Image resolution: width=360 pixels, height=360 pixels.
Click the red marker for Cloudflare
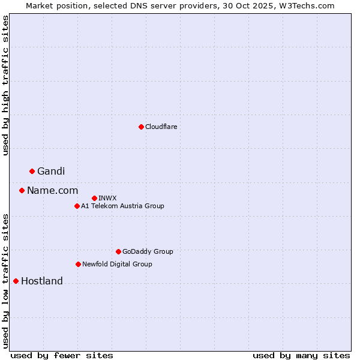141,127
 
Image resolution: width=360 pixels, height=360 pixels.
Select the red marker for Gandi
32,171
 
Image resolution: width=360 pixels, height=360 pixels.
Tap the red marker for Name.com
22,190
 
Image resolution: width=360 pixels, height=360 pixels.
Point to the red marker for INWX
94,198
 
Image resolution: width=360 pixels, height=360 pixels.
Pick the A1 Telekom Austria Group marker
77,206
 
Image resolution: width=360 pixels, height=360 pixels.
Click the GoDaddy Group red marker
118,251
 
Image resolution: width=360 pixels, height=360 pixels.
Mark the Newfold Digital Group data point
78,264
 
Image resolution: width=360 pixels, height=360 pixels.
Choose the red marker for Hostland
16,281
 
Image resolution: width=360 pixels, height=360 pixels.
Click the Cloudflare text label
161,127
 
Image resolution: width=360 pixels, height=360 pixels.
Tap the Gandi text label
51,172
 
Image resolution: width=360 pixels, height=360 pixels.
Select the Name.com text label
52,191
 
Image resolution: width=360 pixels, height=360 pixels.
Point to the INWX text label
107,198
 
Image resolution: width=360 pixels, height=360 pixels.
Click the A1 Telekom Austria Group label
122,206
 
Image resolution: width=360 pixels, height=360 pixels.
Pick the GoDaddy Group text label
147,251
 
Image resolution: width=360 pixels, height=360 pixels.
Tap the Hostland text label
42,281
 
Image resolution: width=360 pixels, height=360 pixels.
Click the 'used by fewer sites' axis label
62,355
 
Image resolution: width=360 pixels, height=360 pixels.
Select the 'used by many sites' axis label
301,355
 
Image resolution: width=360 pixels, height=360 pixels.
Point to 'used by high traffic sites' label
5,85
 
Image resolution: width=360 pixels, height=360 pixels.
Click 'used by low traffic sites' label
5,281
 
